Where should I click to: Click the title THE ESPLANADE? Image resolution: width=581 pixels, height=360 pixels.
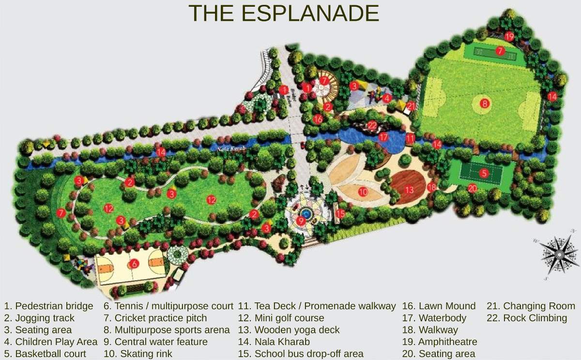coord(283,13)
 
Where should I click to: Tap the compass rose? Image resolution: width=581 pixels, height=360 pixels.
coord(559,255)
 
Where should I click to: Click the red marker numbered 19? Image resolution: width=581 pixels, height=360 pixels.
coord(509,36)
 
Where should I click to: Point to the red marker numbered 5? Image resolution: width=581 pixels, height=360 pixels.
coord(484,173)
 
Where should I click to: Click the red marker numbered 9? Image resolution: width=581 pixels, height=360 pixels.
coord(301,221)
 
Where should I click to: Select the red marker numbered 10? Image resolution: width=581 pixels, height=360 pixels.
coord(363,192)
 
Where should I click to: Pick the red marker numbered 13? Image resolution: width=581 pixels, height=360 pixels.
coord(409,190)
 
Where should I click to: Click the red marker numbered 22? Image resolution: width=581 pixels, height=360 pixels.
coord(372,125)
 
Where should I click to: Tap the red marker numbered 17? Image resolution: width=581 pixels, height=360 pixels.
coord(383,137)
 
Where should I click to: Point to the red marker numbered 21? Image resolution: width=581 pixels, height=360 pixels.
coord(411,105)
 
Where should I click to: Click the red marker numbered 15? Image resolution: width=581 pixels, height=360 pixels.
coord(340,213)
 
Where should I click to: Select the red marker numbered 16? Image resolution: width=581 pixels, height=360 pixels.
coord(318,118)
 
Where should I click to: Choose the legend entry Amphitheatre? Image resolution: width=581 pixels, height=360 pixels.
coord(440,342)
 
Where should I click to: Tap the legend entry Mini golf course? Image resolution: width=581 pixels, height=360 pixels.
coord(281,318)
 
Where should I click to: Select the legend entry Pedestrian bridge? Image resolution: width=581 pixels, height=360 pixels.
coord(48,306)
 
